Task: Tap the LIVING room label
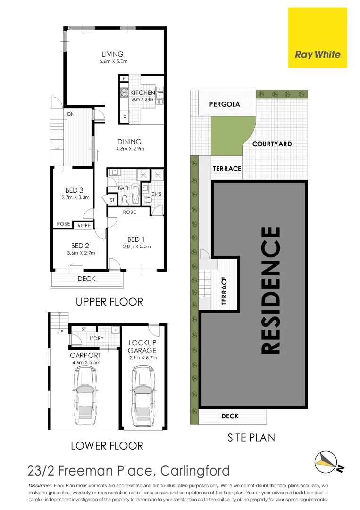pyautogui.click(x=112, y=54)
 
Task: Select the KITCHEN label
pyautogui.click(x=142, y=93)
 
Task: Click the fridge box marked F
pyautogui.click(x=124, y=117)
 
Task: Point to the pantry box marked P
pyautogui.click(x=124, y=78)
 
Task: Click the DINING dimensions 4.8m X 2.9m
pyautogui.click(x=129, y=149)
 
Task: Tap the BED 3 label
pyautogui.click(x=75, y=190)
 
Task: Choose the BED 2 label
pyautogui.click(x=80, y=246)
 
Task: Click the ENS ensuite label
pyautogui.click(x=157, y=194)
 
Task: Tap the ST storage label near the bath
pyautogui.click(x=112, y=200)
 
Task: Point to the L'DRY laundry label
pyautogui.click(x=96, y=339)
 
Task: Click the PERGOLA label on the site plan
pyautogui.click(x=225, y=104)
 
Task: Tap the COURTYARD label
pyautogui.click(x=272, y=144)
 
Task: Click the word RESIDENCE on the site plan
pyautogui.click(x=271, y=290)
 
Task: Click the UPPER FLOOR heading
pyautogui.click(x=109, y=301)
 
